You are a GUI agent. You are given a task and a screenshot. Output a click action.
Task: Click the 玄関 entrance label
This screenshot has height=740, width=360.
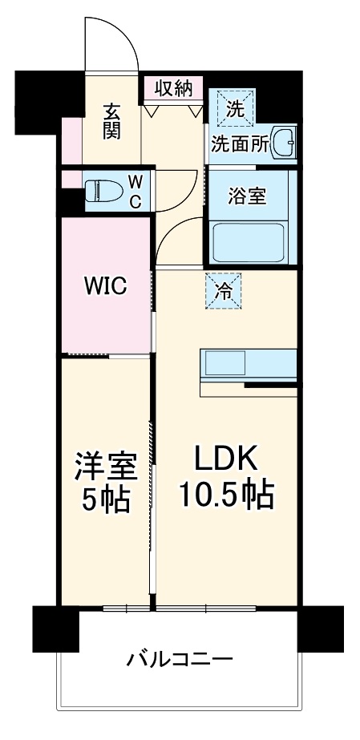click(111, 120)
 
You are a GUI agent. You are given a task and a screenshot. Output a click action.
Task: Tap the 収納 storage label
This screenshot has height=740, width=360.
click(173, 87)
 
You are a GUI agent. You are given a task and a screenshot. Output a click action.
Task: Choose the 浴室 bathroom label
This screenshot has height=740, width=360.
click(247, 196)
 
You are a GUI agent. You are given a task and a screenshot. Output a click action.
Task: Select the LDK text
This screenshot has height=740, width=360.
click(224, 459)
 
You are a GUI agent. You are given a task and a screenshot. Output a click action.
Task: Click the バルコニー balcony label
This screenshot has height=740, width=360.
click(180, 661)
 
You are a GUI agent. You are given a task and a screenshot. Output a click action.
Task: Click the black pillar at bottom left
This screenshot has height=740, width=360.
click(55, 629)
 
